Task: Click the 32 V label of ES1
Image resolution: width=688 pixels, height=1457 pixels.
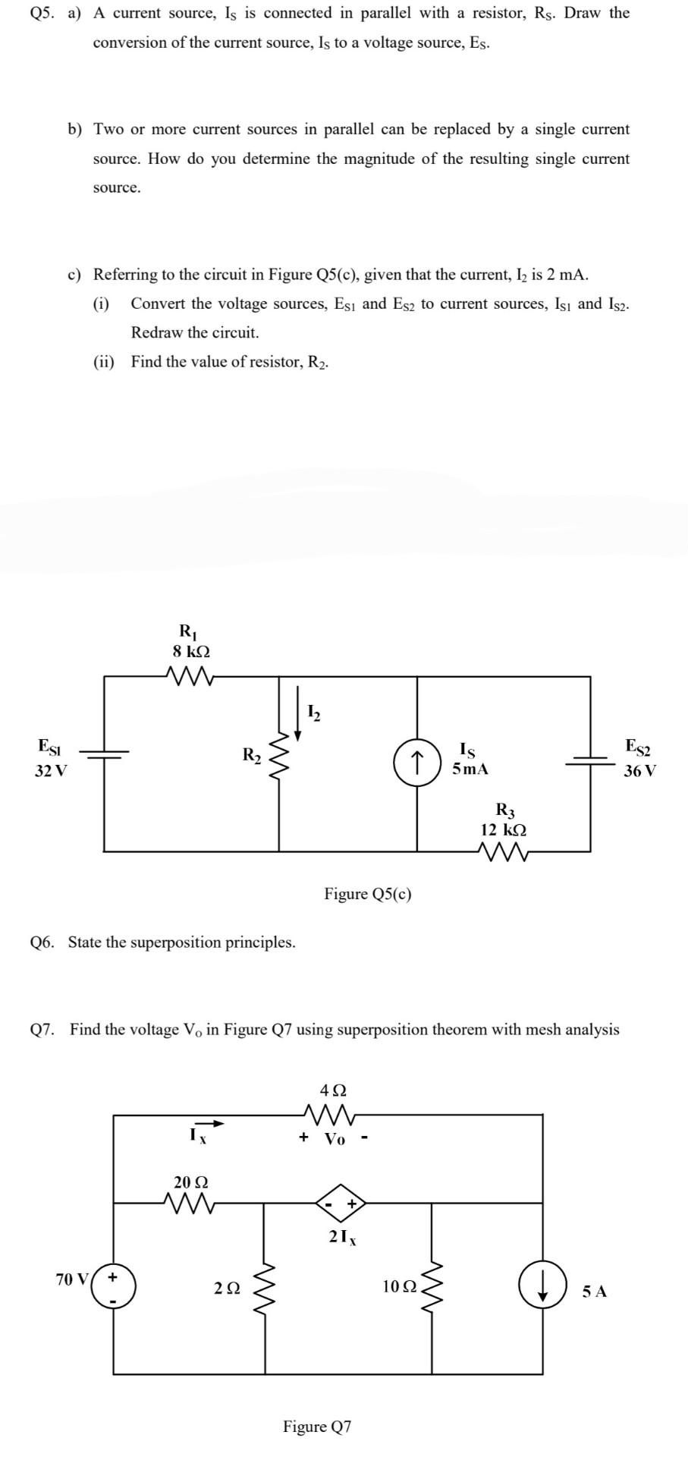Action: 51,771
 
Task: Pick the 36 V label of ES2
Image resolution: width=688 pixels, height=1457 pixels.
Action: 639,771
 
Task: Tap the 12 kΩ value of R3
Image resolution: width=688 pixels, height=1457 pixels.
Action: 504,829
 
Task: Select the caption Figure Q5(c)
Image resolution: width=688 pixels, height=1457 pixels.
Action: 368,893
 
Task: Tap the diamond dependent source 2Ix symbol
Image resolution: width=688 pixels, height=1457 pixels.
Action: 341,1203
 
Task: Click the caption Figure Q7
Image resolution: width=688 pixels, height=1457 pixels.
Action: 317,1426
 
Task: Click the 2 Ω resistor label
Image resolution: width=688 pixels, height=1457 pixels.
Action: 227,1288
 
